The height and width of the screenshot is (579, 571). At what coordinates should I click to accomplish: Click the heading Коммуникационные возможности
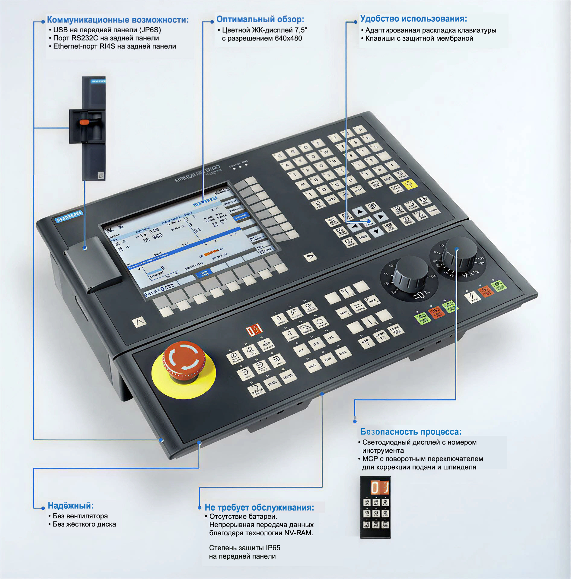click(118, 20)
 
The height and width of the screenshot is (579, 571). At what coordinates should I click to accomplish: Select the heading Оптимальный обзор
click(260, 20)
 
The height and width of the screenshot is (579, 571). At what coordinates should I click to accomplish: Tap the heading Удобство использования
click(413, 19)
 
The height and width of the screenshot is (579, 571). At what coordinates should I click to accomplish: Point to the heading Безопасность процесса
click(411, 432)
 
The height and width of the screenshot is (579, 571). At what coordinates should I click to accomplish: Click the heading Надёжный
click(71, 505)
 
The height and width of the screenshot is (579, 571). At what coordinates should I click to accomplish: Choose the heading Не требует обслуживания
click(259, 507)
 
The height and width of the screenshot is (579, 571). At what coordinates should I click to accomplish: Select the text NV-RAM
click(298, 533)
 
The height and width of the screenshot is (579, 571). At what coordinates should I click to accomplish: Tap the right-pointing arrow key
click(381, 216)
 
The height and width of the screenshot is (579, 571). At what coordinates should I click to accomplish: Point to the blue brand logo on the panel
click(69, 216)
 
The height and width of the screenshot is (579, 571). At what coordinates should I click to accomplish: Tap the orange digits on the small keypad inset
click(379, 487)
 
